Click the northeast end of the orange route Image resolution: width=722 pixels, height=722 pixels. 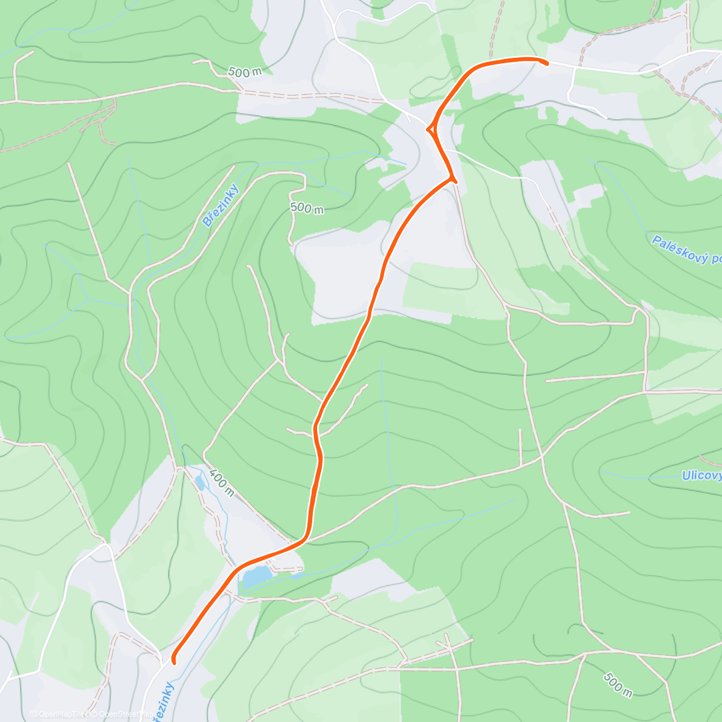click(x=546, y=63)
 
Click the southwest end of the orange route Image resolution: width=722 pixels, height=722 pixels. click(x=174, y=662)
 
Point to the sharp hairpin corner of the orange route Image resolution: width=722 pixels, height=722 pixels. click(x=452, y=178)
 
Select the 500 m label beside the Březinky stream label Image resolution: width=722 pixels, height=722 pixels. click(x=307, y=208)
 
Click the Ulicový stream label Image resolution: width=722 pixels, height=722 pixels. click(x=702, y=476)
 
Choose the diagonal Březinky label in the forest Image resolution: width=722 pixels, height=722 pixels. click(x=220, y=206)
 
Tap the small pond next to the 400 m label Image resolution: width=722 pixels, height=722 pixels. click(x=199, y=481)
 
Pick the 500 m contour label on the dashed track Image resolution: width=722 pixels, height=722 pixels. click(x=245, y=72)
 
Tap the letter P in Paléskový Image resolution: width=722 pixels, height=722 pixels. click(x=656, y=241)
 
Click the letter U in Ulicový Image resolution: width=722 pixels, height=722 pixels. click(x=686, y=476)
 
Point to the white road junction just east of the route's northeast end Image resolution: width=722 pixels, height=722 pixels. click(x=573, y=67)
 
